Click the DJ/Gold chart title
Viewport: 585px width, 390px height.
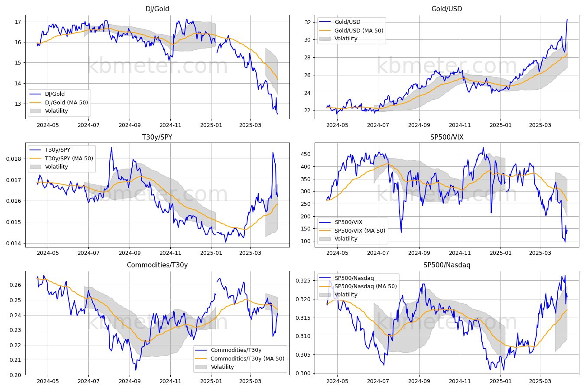157,9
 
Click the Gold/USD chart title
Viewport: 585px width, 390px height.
447,9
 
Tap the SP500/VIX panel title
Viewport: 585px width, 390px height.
447,137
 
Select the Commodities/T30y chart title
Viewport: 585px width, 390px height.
157,265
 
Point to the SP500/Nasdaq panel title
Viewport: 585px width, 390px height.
447,265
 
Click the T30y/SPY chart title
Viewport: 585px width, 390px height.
157,137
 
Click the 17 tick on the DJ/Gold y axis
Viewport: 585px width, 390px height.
18,22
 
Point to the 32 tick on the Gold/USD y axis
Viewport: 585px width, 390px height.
308,23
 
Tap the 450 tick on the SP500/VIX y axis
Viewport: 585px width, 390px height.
305,154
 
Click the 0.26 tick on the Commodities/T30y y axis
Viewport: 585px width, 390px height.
15,285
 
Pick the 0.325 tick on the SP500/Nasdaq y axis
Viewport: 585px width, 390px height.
303,281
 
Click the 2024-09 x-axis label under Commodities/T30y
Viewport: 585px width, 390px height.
130,381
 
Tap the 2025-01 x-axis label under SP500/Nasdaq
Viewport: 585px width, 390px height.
500,381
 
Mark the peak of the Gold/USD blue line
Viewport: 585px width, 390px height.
567,19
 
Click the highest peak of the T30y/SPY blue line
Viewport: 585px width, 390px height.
112,147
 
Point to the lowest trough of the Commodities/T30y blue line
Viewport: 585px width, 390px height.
136,370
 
